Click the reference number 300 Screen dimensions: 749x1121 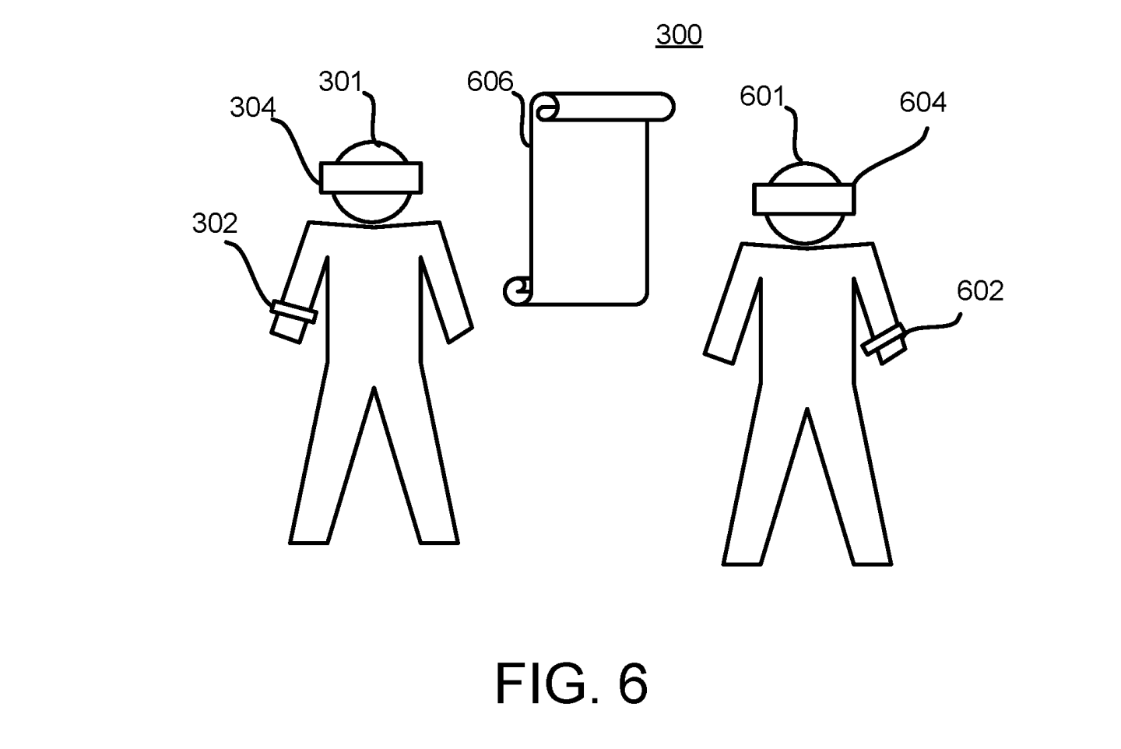tap(679, 35)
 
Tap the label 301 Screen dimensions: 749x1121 tap(340, 81)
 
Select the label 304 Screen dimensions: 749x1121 tap(252, 107)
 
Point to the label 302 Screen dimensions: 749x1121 tap(214, 223)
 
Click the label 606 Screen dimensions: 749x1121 tap(490, 81)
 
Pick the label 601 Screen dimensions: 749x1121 tap(762, 96)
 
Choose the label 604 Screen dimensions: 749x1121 tap(922, 102)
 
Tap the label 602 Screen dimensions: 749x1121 tap(979, 291)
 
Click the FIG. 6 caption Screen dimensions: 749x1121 tap(571, 684)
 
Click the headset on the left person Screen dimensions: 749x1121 tap(371, 178)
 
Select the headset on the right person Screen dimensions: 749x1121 tap(804, 198)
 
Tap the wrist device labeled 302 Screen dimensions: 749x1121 tap(291, 319)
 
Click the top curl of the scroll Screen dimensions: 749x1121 tap(546, 108)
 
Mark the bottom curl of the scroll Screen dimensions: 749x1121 tap(518, 291)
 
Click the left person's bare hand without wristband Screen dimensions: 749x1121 tap(460, 333)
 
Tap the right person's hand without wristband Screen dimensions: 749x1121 tap(720, 354)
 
